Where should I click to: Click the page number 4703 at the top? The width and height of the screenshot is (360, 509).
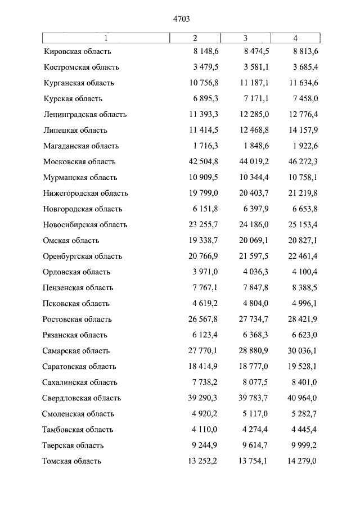coord(181,19)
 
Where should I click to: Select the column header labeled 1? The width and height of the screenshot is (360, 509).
coord(105,38)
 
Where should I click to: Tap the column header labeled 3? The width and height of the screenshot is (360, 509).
coord(245,38)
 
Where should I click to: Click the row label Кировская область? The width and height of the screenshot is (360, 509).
coord(77,52)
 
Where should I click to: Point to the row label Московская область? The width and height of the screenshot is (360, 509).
coord(79,162)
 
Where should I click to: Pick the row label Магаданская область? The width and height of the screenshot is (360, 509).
coord(81,146)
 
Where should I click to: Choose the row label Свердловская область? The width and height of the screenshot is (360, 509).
coord(82,398)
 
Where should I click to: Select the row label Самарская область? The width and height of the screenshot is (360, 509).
coord(77,351)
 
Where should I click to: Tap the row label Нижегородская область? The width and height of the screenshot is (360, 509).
coord(85,193)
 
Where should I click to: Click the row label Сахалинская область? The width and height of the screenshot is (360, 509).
coord(80,382)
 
